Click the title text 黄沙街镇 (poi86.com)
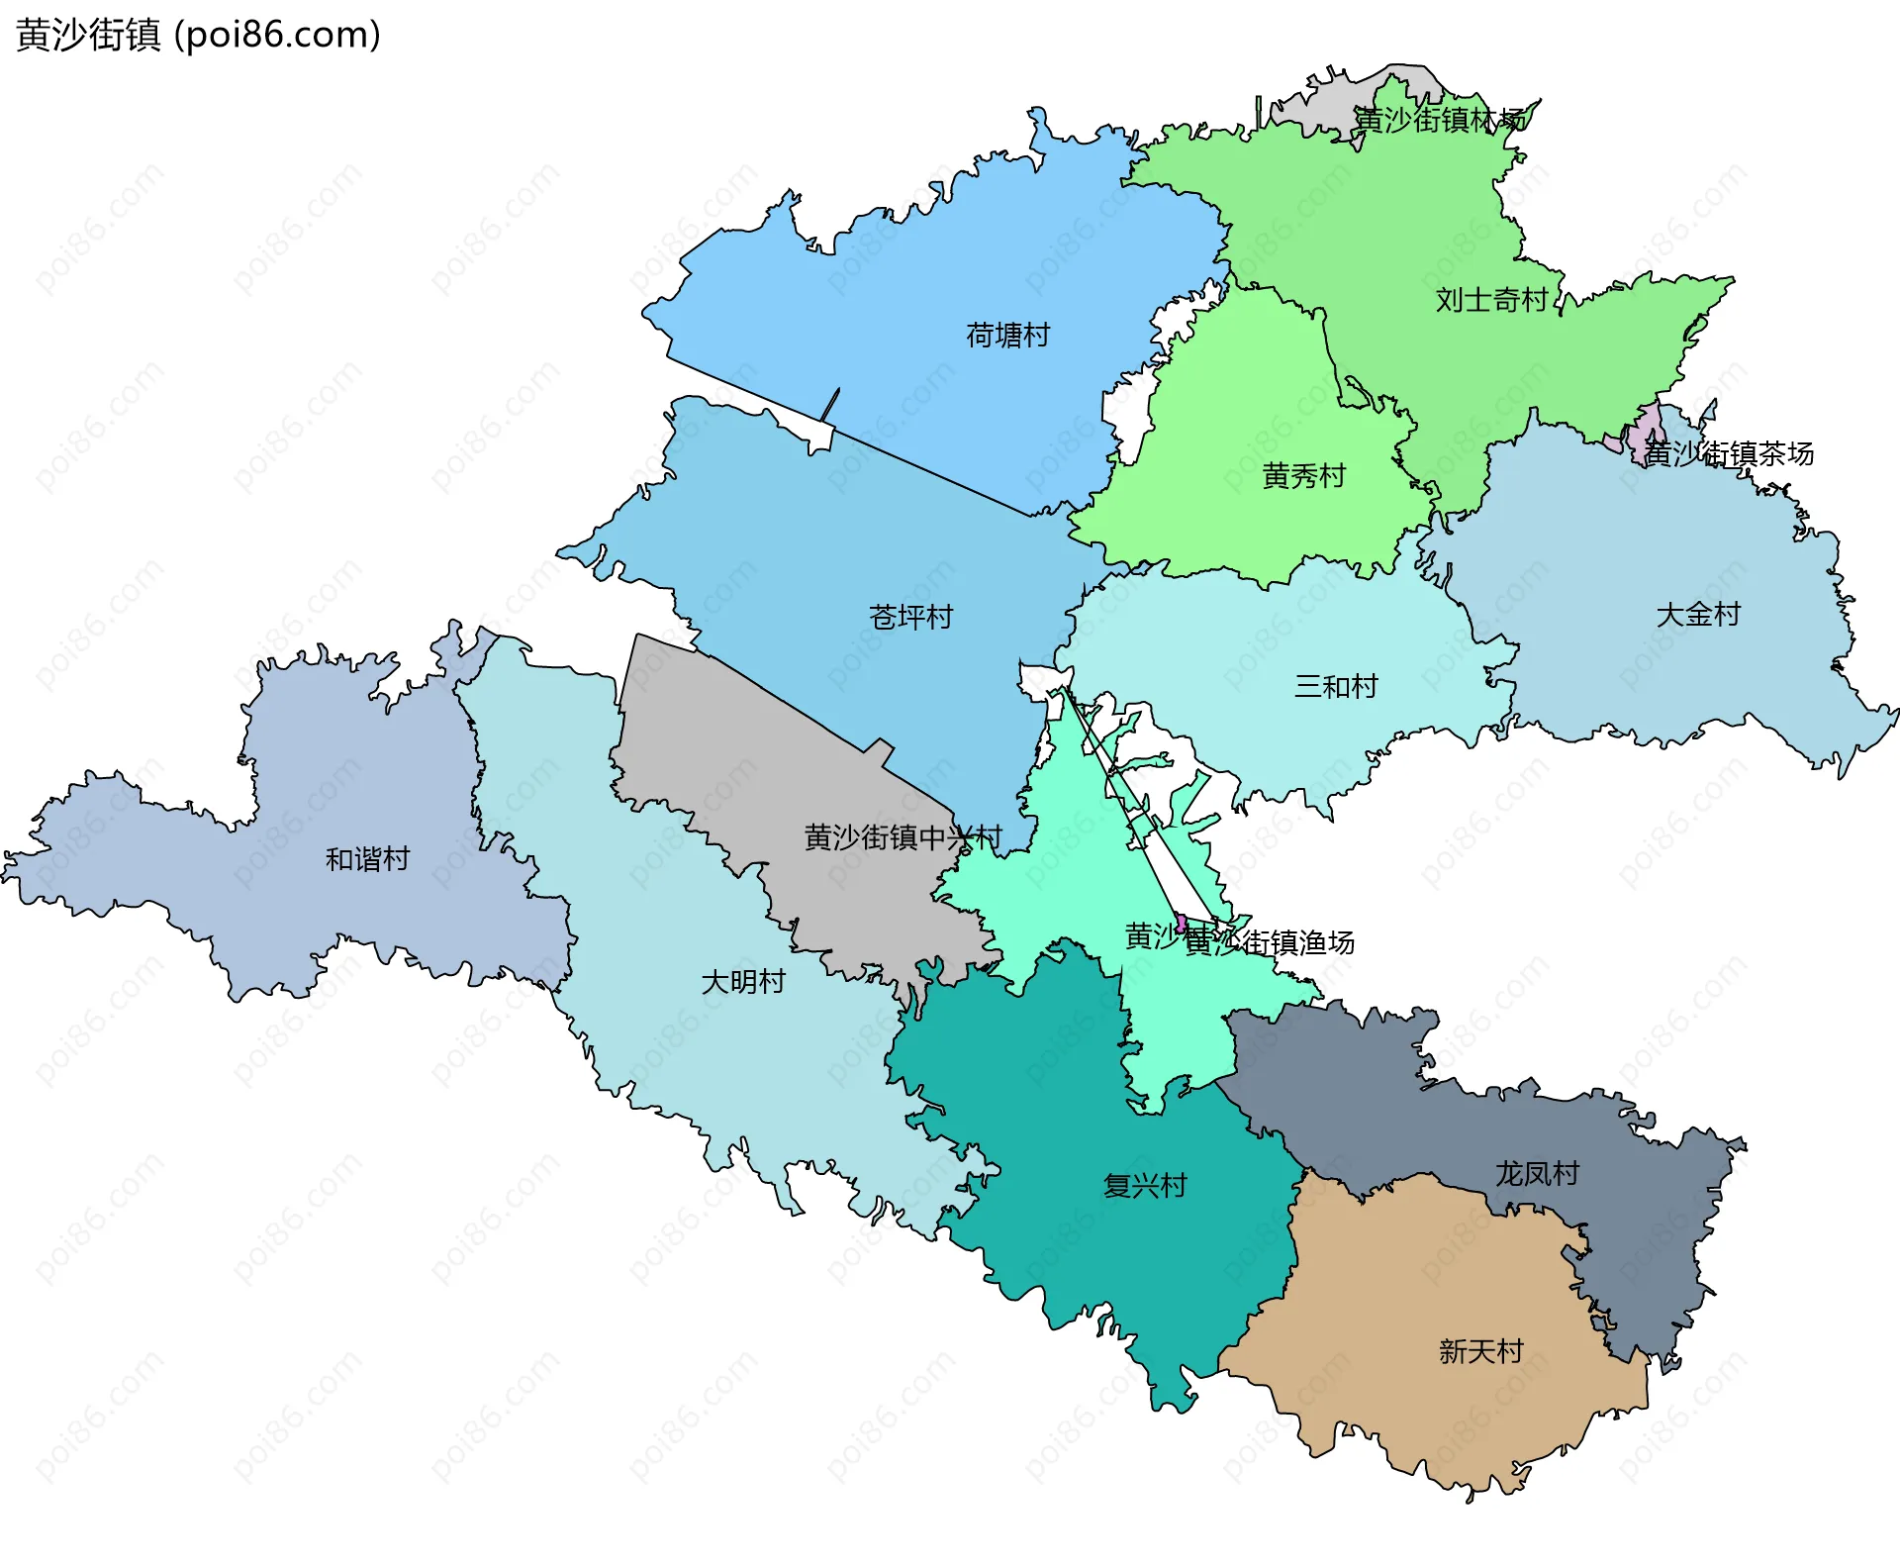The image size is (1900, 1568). point(198,35)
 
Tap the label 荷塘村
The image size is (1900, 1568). point(1007,336)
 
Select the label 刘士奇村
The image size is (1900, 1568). point(1491,300)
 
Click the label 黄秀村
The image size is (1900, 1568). point(1303,476)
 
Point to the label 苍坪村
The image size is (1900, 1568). point(910,618)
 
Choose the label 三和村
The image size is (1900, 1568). point(1336,686)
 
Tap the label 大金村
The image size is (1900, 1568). point(1698,615)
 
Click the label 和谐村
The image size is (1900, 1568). point(367,859)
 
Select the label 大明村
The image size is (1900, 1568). point(743,982)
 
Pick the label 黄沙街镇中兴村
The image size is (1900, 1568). point(902,838)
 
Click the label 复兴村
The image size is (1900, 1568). point(1145,1186)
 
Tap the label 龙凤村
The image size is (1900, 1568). point(1537,1174)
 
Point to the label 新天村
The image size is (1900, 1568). point(1480,1351)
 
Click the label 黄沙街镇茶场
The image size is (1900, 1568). point(1729,454)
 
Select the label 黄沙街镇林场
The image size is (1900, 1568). point(1440,120)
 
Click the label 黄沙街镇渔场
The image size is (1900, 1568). point(1270,942)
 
